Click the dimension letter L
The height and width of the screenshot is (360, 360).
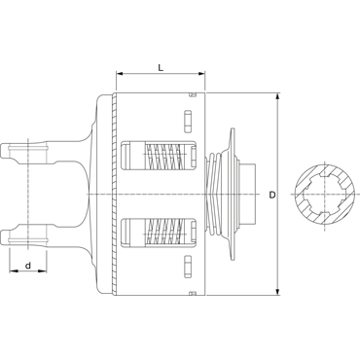(x=161, y=68)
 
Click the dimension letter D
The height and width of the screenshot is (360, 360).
(x=272, y=195)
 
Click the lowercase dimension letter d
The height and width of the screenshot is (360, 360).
(x=28, y=266)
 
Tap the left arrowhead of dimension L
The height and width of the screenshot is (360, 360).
(x=120, y=74)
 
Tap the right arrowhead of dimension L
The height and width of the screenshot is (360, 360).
(x=201, y=74)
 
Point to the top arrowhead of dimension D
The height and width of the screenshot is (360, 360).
(x=277, y=97)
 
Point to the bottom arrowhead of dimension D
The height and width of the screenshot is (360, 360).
(x=277, y=291)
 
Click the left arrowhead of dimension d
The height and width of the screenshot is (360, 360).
(x=14, y=270)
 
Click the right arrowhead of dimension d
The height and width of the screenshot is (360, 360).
(x=43, y=270)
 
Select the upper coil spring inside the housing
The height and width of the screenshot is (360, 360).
(x=162, y=155)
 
